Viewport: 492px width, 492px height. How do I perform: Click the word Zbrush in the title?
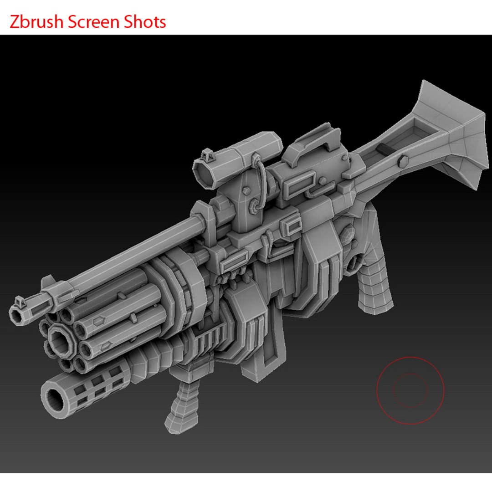tap(36, 22)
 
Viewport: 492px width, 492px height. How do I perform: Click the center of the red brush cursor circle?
tap(410, 390)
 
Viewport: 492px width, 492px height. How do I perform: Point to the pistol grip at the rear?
tap(373, 282)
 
